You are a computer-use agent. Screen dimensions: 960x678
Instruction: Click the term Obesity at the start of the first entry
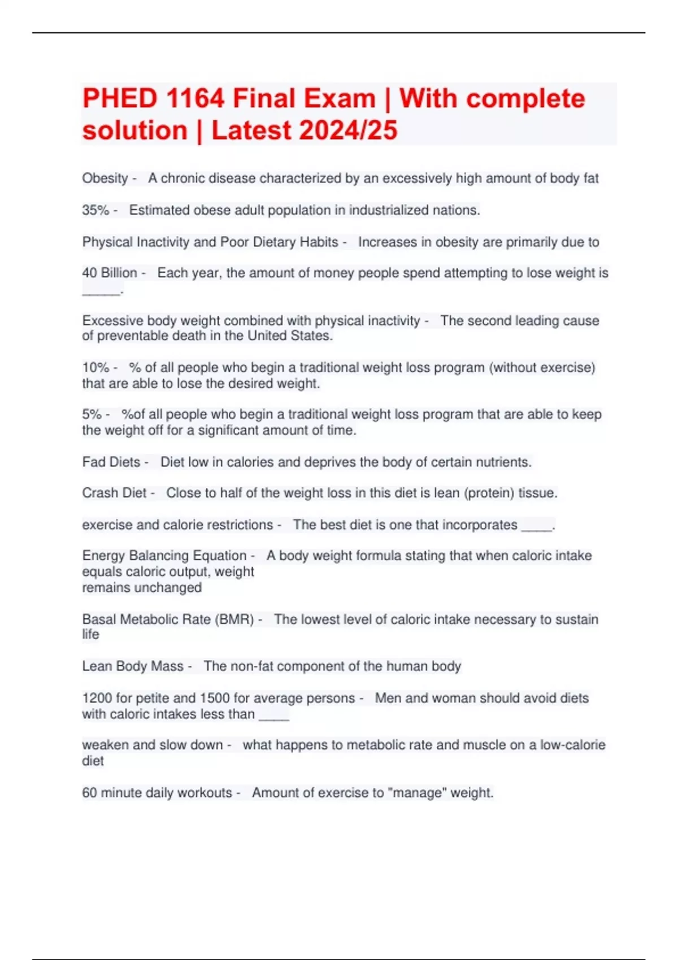click(105, 178)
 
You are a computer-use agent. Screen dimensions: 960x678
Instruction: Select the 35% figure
click(95, 210)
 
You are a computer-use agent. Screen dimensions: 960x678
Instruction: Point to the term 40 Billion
click(110, 273)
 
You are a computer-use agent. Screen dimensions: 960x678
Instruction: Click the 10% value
click(95, 368)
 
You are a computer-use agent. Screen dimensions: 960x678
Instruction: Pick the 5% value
click(92, 414)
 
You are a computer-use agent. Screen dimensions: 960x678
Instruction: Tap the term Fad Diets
click(111, 462)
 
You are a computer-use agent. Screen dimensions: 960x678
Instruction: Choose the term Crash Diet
click(114, 493)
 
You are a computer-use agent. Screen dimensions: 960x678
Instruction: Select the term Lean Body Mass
click(133, 666)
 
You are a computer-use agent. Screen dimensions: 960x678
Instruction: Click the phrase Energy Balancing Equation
click(164, 556)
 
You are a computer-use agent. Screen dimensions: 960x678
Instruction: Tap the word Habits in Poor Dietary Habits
click(319, 242)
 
